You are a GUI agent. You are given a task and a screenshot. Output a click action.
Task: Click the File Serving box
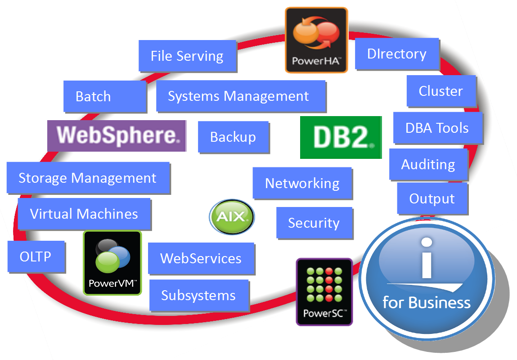[188, 56]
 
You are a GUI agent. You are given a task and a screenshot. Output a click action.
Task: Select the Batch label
[105, 97]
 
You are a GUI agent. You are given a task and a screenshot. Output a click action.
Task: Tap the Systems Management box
[241, 96]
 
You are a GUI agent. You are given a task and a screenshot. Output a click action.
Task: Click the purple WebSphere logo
[117, 136]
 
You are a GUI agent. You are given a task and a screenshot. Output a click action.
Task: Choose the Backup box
[234, 137]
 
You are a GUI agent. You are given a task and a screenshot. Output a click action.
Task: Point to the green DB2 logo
[341, 137]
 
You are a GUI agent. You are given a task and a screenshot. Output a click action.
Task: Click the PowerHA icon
[316, 40]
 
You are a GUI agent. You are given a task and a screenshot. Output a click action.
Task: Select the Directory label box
[397, 54]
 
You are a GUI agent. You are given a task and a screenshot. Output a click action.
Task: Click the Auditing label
[429, 165]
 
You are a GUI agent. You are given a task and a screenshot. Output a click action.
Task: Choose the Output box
[432, 199]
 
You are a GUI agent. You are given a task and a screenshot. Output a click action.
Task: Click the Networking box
[303, 183]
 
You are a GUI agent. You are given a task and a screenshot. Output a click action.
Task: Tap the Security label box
[315, 223]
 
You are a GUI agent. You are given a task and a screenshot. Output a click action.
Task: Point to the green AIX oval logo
[232, 216]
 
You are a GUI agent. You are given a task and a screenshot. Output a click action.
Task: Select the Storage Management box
[88, 178]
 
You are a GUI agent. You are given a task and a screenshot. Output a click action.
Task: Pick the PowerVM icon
[112, 263]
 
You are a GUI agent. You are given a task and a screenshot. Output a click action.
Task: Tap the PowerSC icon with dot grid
[324, 292]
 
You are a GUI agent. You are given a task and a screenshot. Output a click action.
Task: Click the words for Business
[427, 302]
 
